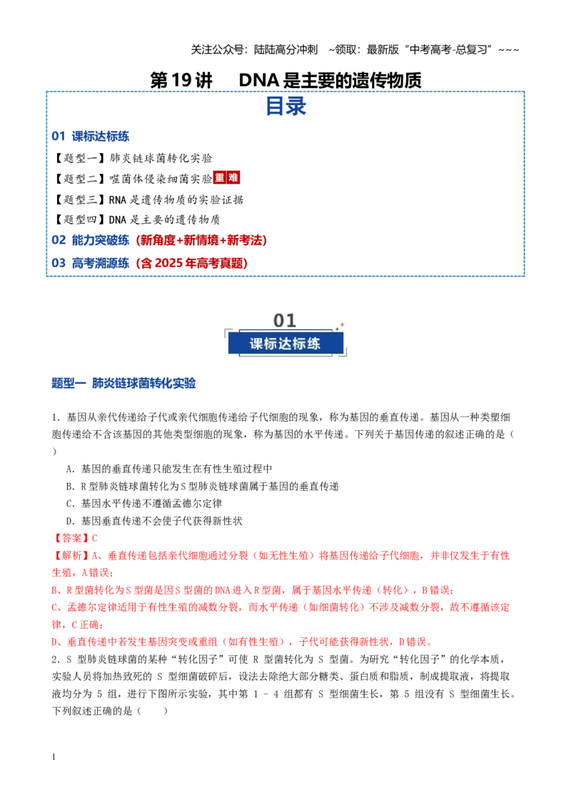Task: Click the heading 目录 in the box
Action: coord(285,106)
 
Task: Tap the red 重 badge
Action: coord(220,178)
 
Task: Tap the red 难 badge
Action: coord(233,178)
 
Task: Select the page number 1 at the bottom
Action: coord(54,757)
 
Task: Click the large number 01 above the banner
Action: coord(285,320)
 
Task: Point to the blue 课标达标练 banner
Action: coord(285,344)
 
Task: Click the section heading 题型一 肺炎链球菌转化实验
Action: coord(123,383)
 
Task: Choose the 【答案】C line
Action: coord(75,538)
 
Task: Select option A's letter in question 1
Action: coord(71,469)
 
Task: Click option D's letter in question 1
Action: coord(71,521)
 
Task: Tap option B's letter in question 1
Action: coord(71,487)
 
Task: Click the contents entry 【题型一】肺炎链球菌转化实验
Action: coord(133,158)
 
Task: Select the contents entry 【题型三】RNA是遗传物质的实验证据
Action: coord(148,199)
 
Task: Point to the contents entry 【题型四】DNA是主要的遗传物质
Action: coord(136,220)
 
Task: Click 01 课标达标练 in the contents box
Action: coord(90,137)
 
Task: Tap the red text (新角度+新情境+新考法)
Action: coord(201,240)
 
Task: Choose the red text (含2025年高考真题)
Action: coord(192,263)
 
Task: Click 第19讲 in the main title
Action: coord(181,80)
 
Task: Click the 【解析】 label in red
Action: coord(71,556)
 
